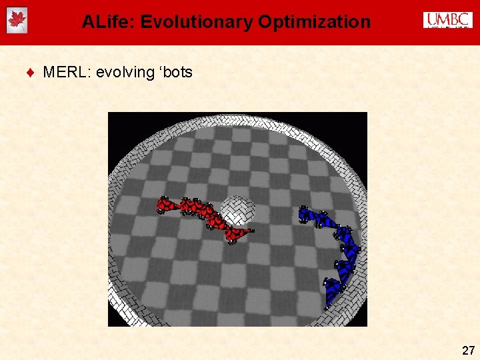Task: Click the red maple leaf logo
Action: pyautogui.click(x=17, y=21)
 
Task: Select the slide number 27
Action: pyautogui.click(x=468, y=350)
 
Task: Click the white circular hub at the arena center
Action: pyautogui.click(x=237, y=210)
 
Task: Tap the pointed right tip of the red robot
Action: pyautogui.click(x=252, y=231)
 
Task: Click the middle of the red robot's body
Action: pyautogui.click(x=203, y=213)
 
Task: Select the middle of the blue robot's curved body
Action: pyautogui.click(x=347, y=247)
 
